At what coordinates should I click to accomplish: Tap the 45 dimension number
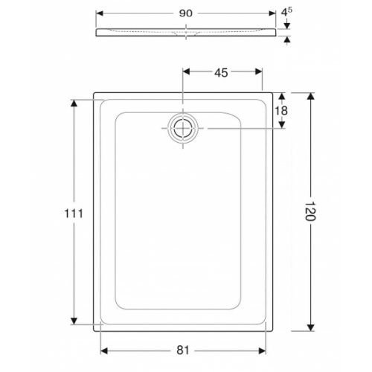click(x=221, y=72)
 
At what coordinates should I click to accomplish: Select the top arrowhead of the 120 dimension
click(x=311, y=97)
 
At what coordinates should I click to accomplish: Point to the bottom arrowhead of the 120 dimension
click(x=311, y=328)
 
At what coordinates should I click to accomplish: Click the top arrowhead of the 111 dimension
click(x=73, y=103)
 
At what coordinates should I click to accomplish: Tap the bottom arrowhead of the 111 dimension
click(x=73, y=321)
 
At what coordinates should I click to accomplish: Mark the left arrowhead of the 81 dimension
click(x=105, y=347)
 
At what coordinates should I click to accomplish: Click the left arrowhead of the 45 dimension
click(x=186, y=72)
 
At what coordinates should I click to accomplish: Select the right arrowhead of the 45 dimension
click(x=259, y=72)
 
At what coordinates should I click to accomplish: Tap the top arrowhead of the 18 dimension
click(x=282, y=97)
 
